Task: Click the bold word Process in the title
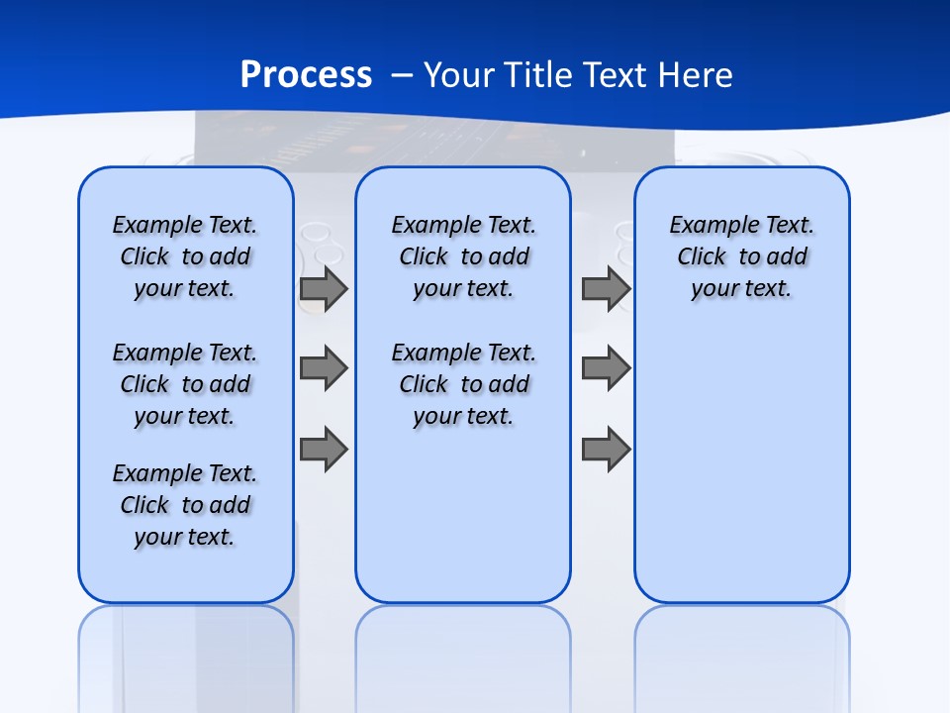tap(306, 74)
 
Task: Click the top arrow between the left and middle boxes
tap(324, 288)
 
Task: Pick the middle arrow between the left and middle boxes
tap(324, 368)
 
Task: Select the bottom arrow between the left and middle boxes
tap(324, 450)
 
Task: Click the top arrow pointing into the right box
tap(606, 288)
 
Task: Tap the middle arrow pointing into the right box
tap(606, 368)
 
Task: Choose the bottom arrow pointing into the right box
tap(606, 450)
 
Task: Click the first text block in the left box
tap(185, 256)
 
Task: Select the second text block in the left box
tap(185, 384)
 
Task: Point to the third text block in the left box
tap(185, 505)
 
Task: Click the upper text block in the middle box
tap(463, 256)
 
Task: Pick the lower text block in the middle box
tap(463, 384)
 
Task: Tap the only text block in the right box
tap(741, 256)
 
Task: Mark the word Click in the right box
tap(702, 256)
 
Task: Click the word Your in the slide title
tap(460, 74)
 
